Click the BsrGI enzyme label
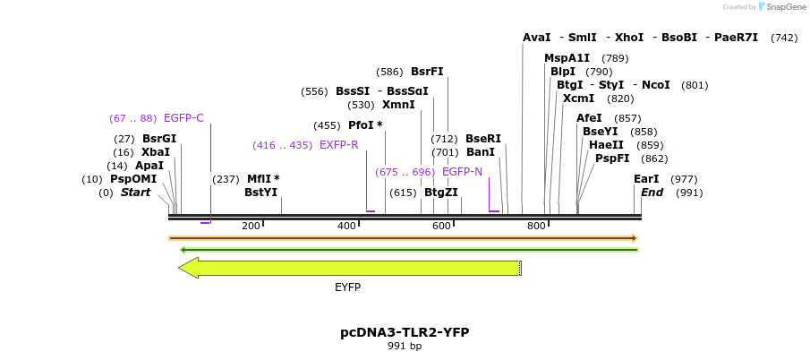pyautogui.click(x=159, y=139)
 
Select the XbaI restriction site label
pyautogui.click(x=155, y=152)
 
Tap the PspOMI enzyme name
pyautogui.click(x=133, y=179)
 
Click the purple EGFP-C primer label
pyautogui.click(x=183, y=118)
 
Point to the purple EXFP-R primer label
pyautogui.click(x=339, y=145)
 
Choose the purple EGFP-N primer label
pyautogui.click(x=462, y=172)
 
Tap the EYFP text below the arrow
pyautogui.click(x=347, y=287)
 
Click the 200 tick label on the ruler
pyautogui.click(x=251, y=226)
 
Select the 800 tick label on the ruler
pyautogui.click(x=536, y=226)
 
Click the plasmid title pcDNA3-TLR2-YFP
pyautogui.click(x=405, y=332)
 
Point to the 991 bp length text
pyautogui.click(x=405, y=346)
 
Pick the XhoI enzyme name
pyautogui.click(x=628, y=38)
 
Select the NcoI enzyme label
pyautogui.click(x=655, y=85)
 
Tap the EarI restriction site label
pyautogui.click(x=646, y=179)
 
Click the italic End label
pyautogui.click(x=652, y=193)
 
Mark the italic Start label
pyautogui.click(x=135, y=193)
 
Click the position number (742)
pyautogui.click(x=783, y=38)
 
